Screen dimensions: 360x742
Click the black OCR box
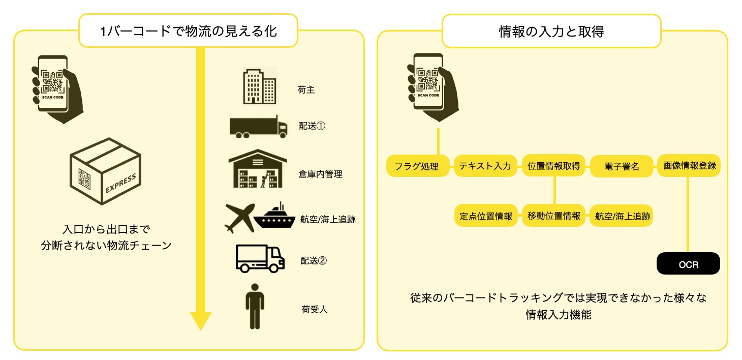coord(688,264)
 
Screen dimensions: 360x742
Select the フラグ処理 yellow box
coord(418,166)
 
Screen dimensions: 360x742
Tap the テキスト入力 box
coord(485,166)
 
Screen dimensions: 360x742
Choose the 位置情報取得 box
coord(553,166)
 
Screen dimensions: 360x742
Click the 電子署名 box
coord(622,166)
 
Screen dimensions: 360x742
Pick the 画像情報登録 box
coord(689,166)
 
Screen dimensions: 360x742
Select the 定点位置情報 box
coord(485,216)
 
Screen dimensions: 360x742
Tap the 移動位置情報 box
coord(553,216)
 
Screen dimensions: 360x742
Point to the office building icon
coord(259,86)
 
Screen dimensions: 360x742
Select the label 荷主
coord(306,90)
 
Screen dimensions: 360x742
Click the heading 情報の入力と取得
coord(551,32)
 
